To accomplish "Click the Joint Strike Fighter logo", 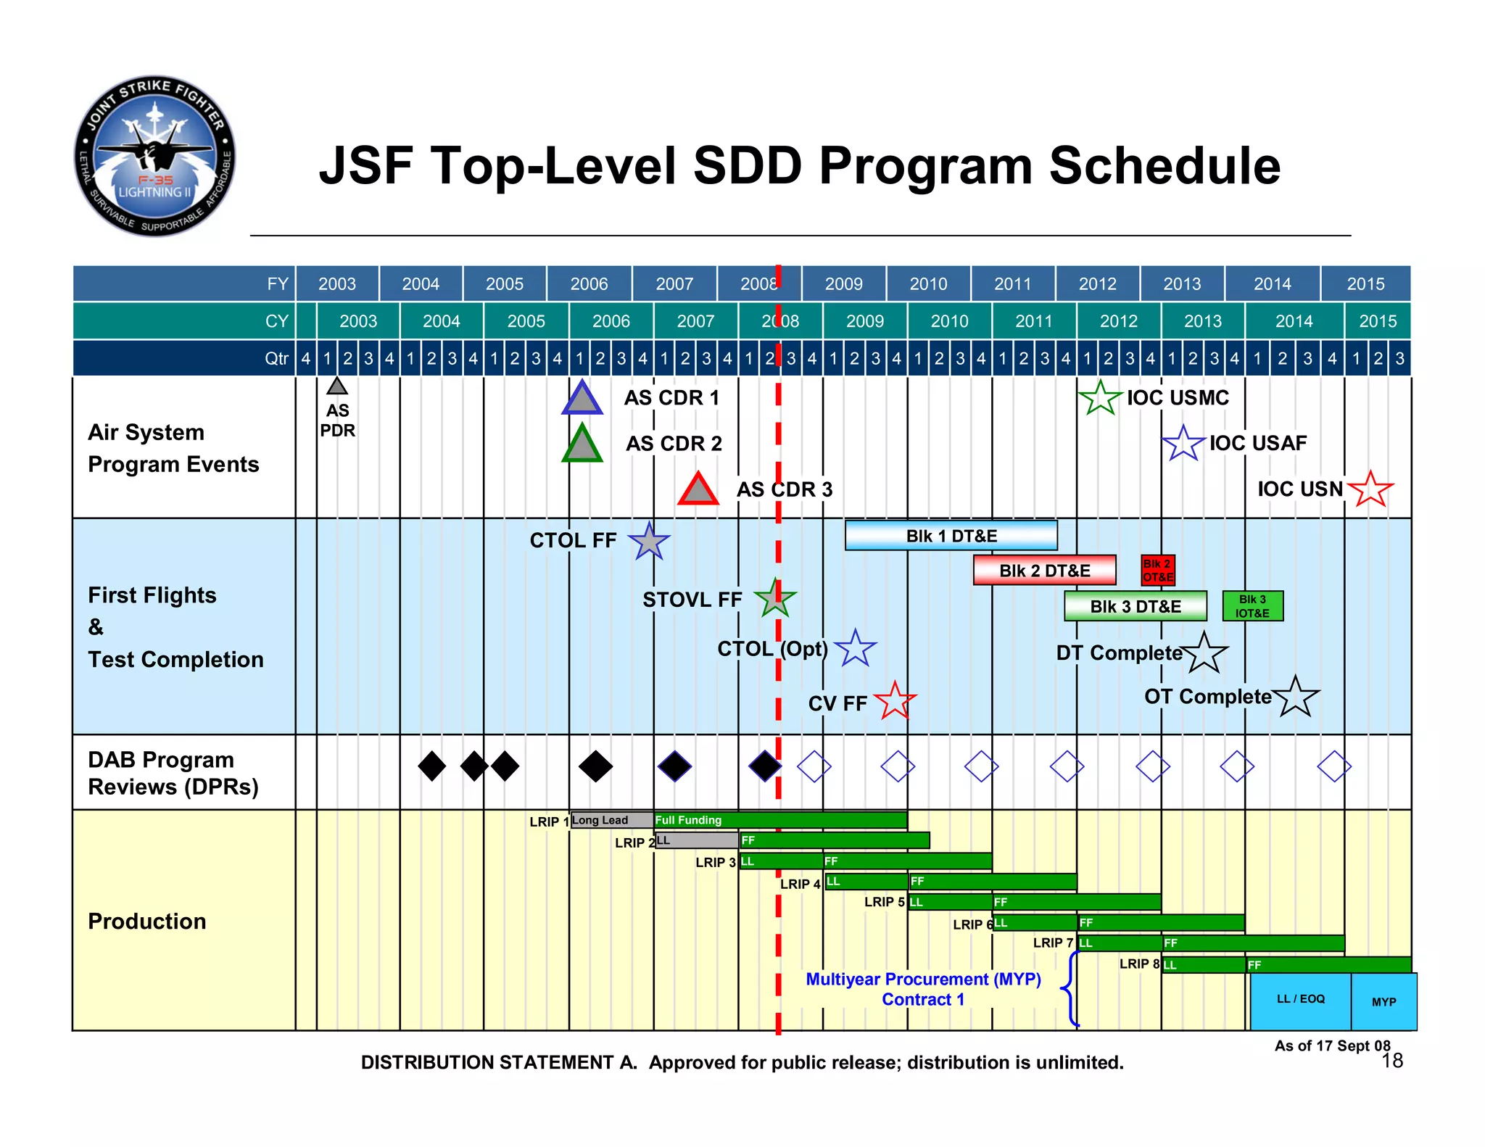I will coord(154,156).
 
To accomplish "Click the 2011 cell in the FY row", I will coord(1012,284).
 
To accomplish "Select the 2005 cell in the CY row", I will coord(526,321).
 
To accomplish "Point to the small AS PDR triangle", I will coord(337,386).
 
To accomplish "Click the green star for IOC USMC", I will coord(1100,398).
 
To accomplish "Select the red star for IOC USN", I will coord(1370,489).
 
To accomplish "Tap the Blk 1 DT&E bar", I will coord(951,536).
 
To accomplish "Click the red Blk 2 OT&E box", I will coord(1157,571).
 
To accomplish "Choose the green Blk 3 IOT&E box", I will coord(1252,606).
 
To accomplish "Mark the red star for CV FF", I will coord(895,701).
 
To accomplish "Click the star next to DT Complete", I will coord(1204,653).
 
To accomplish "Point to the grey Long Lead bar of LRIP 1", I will coord(611,820).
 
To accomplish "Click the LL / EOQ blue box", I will coord(1300,1000).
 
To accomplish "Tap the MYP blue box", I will coord(1383,1002).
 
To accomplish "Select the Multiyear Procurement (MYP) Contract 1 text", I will coord(923,989).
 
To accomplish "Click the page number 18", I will coord(1391,1061).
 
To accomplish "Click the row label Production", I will coord(147,922).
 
